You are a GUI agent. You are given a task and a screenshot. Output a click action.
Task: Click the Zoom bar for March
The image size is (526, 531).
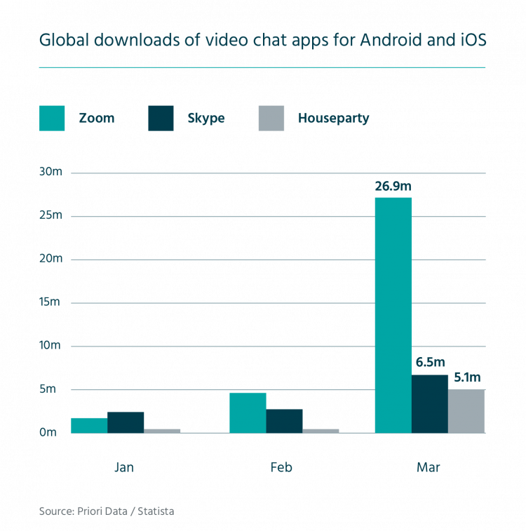tap(393, 315)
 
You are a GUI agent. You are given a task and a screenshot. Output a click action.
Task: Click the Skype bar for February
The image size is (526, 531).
tap(285, 421)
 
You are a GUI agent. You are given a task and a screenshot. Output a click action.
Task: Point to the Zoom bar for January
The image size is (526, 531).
tap(89, 425)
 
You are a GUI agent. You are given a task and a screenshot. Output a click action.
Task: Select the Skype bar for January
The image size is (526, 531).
tap(126, 422)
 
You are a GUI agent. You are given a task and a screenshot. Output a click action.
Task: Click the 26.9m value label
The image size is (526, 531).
tap(393, 186)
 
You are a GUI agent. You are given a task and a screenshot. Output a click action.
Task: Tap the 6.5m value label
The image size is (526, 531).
tap(429, 363)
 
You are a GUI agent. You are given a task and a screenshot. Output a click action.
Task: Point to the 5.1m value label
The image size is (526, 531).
tap(467, 377)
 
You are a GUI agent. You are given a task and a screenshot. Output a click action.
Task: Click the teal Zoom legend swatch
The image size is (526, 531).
tap(53, 119)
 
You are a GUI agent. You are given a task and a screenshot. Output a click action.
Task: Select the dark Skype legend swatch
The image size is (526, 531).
tap(161, 119)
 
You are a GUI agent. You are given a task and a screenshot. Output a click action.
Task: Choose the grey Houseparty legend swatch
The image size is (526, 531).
tap(271, 119)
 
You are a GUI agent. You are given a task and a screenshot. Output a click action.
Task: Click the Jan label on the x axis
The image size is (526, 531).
tap(124, 467)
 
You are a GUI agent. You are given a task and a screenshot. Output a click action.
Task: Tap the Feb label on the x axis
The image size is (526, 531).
tap(281, 467)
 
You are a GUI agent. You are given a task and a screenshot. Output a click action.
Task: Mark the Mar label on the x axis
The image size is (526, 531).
tap(429, 467)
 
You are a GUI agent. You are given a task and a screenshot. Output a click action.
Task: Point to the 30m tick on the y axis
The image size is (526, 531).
tap(50, 173)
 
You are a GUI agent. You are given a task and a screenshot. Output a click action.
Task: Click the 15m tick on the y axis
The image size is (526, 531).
tap(50, 302)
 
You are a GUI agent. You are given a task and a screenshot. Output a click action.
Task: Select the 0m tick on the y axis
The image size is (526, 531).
tap(48, 432)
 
